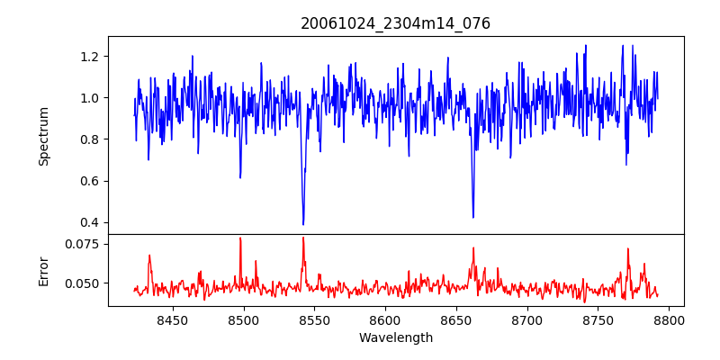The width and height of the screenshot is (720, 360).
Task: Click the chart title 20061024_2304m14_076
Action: pos(395,23)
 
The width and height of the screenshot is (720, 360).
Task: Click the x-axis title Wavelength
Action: pos(395,337)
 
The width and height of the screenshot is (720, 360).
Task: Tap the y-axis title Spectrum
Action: pos(43,136)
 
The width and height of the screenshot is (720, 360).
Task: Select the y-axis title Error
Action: pos(43,270)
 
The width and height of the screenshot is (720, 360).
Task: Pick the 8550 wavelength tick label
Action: pos(314,320)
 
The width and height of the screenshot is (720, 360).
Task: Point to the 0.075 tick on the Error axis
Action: pos(85,244)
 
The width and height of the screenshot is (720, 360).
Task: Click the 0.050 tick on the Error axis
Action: pos(85,283)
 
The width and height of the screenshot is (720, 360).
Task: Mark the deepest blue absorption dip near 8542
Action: pos(303,224)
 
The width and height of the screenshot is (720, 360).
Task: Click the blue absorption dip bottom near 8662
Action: pos(472,217)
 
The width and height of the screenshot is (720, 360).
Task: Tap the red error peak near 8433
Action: pos(149,256)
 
